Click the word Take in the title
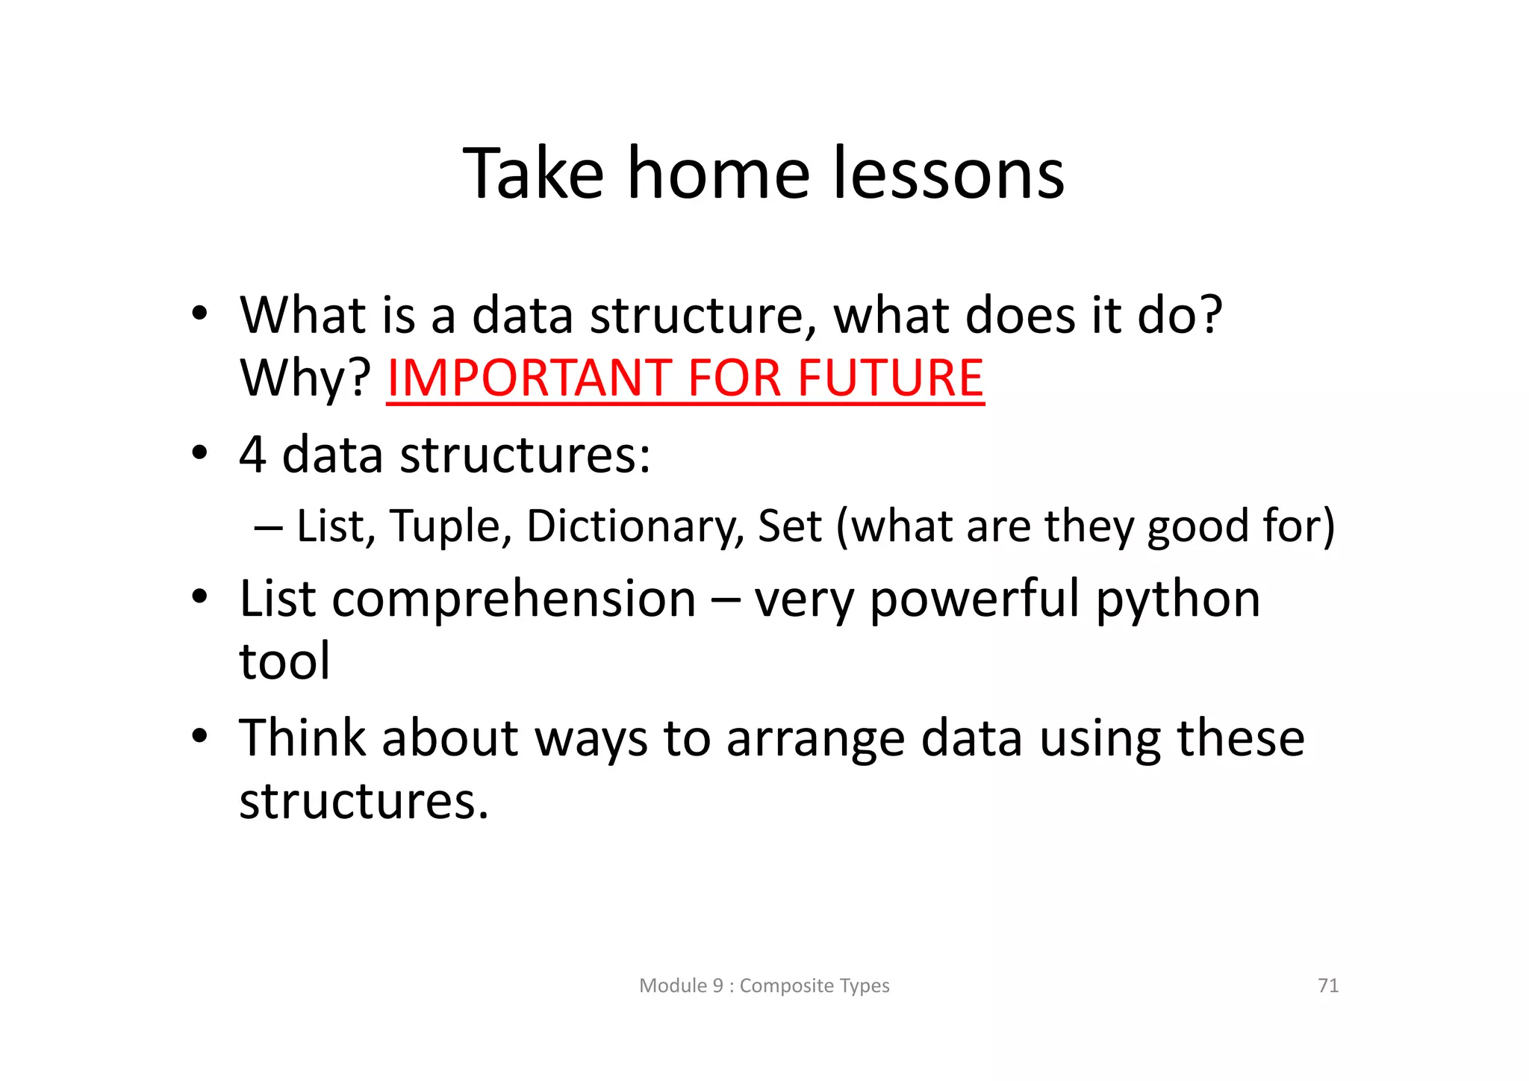(x=533, y=174)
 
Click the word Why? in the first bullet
(x=305, y=378)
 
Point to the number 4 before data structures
(x=252, y=454)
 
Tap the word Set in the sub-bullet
(x=789, y=526)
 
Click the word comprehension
(x=514, y=599)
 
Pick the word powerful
(x=974, y=599)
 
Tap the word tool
(x=284, y=661)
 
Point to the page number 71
(x=1328, y=985)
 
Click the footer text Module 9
(x=681, y=985)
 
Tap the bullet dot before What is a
(x=199, y=314)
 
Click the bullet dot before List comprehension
(x=199, y=597)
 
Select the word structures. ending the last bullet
(x=364, y=801)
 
